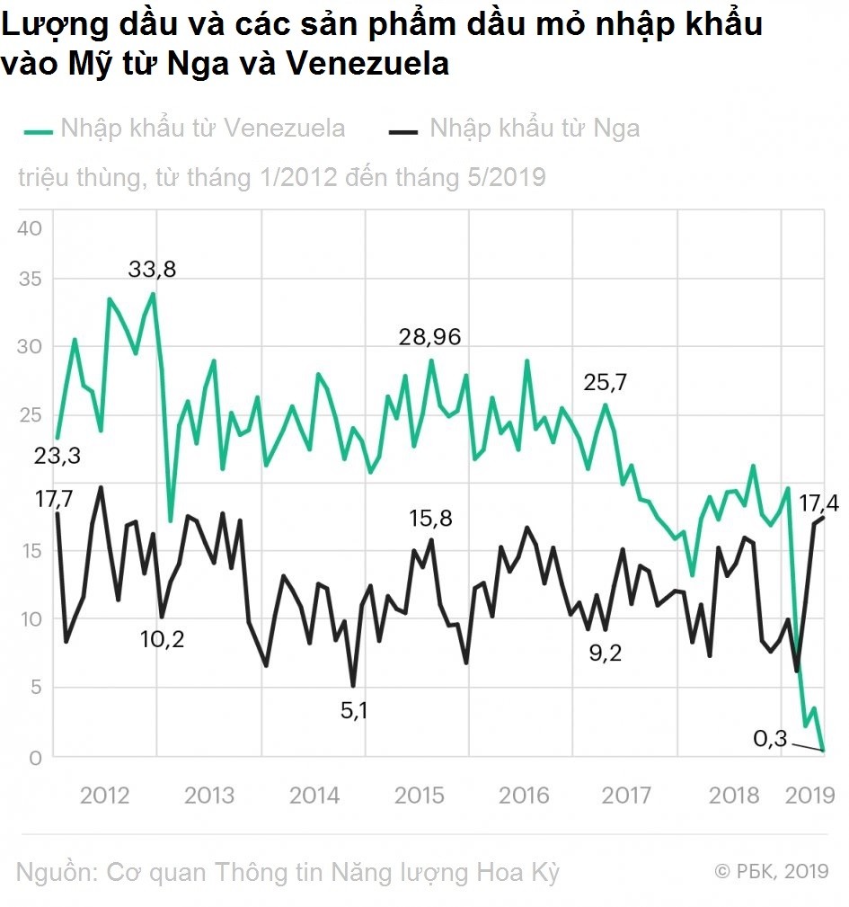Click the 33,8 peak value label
152,269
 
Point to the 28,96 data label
430,337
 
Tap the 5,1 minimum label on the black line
354,710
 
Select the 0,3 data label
770,738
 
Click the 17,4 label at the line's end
819,503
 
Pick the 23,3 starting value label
57,456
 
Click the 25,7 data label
605,382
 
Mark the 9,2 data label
606,654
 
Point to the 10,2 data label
162,639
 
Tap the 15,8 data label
430,519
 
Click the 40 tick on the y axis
30,228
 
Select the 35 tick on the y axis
30,279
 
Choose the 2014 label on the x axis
314,796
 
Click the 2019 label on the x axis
809,796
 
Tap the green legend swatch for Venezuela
38,132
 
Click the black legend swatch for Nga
402,132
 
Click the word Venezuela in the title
367,63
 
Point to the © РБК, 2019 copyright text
772,870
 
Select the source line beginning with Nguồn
287,873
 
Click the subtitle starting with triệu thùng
282,178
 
